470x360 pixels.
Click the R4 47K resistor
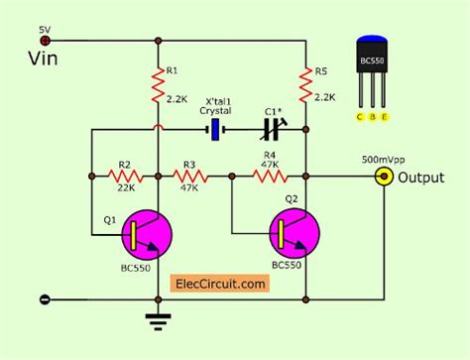(269, 177)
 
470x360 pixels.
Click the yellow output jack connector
(381, 177)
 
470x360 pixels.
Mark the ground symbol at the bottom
(158, 318)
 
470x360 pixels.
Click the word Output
(421, 178)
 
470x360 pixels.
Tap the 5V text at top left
(45, 30)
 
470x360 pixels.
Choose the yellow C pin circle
(359, 116)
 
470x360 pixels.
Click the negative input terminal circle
(44, 299)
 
